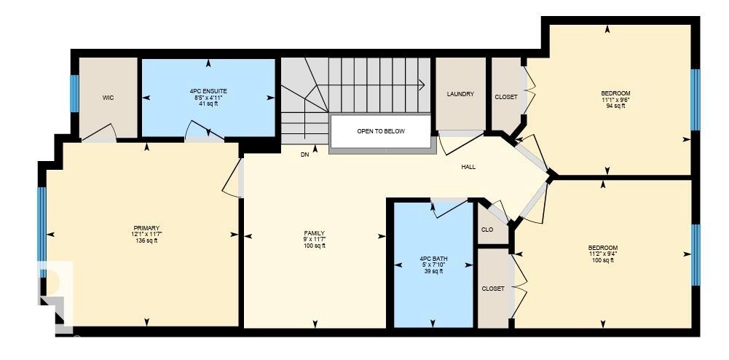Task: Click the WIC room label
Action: [x=108, y=98]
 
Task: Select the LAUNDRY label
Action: [x=460, y=94]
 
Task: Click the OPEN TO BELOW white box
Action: [x=381, y=131]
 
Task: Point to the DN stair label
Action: [x=305, y=155]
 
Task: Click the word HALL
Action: [x=468, y=167]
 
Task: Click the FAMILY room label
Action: [x=315, y=233]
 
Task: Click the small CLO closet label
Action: [x=487, y=230]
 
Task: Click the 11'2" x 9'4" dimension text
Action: [x=602, y=254]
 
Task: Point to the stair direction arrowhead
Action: [x=422, y=85]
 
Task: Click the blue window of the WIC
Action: [x=74, y=93]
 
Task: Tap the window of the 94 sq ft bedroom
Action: [x=695, y=100]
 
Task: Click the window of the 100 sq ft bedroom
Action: [x=695, y=255]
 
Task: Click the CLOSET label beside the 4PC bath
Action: [x=493, y=289]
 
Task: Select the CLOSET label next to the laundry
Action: [x=506, y=97]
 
